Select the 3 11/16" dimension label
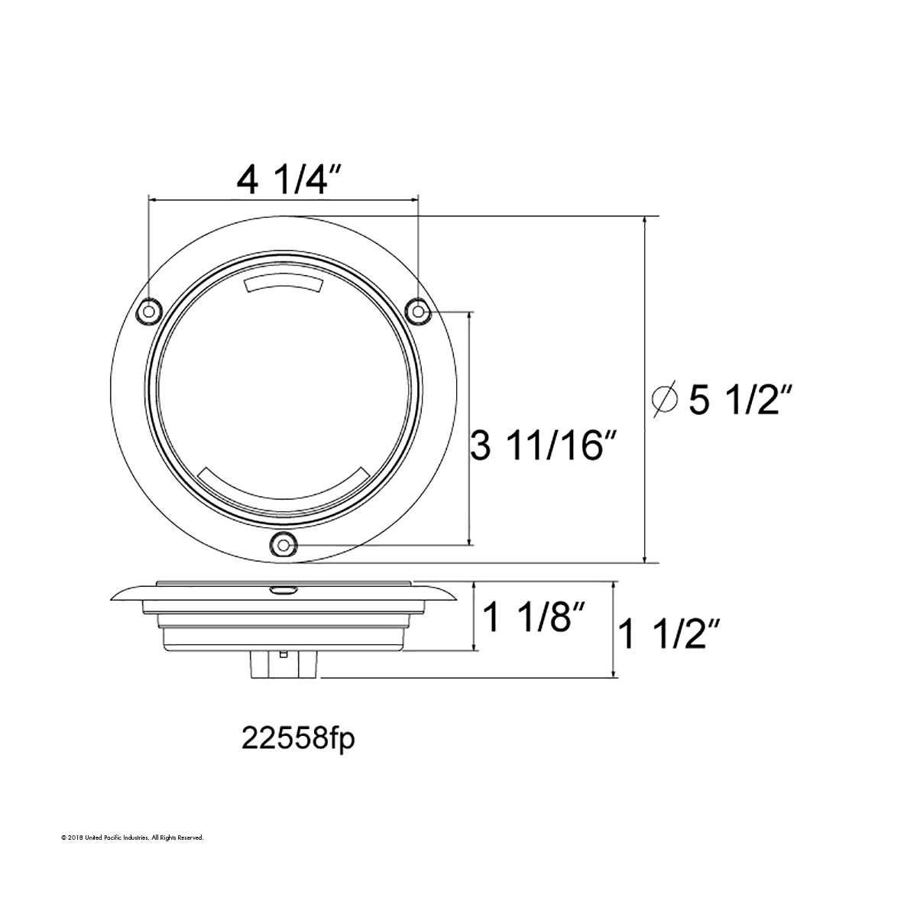pyautogui.click(x=544, y=446)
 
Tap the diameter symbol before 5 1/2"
pyautogui.click(x=666, y=399)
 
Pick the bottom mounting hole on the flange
pyautogui.click(x=284, y=544)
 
